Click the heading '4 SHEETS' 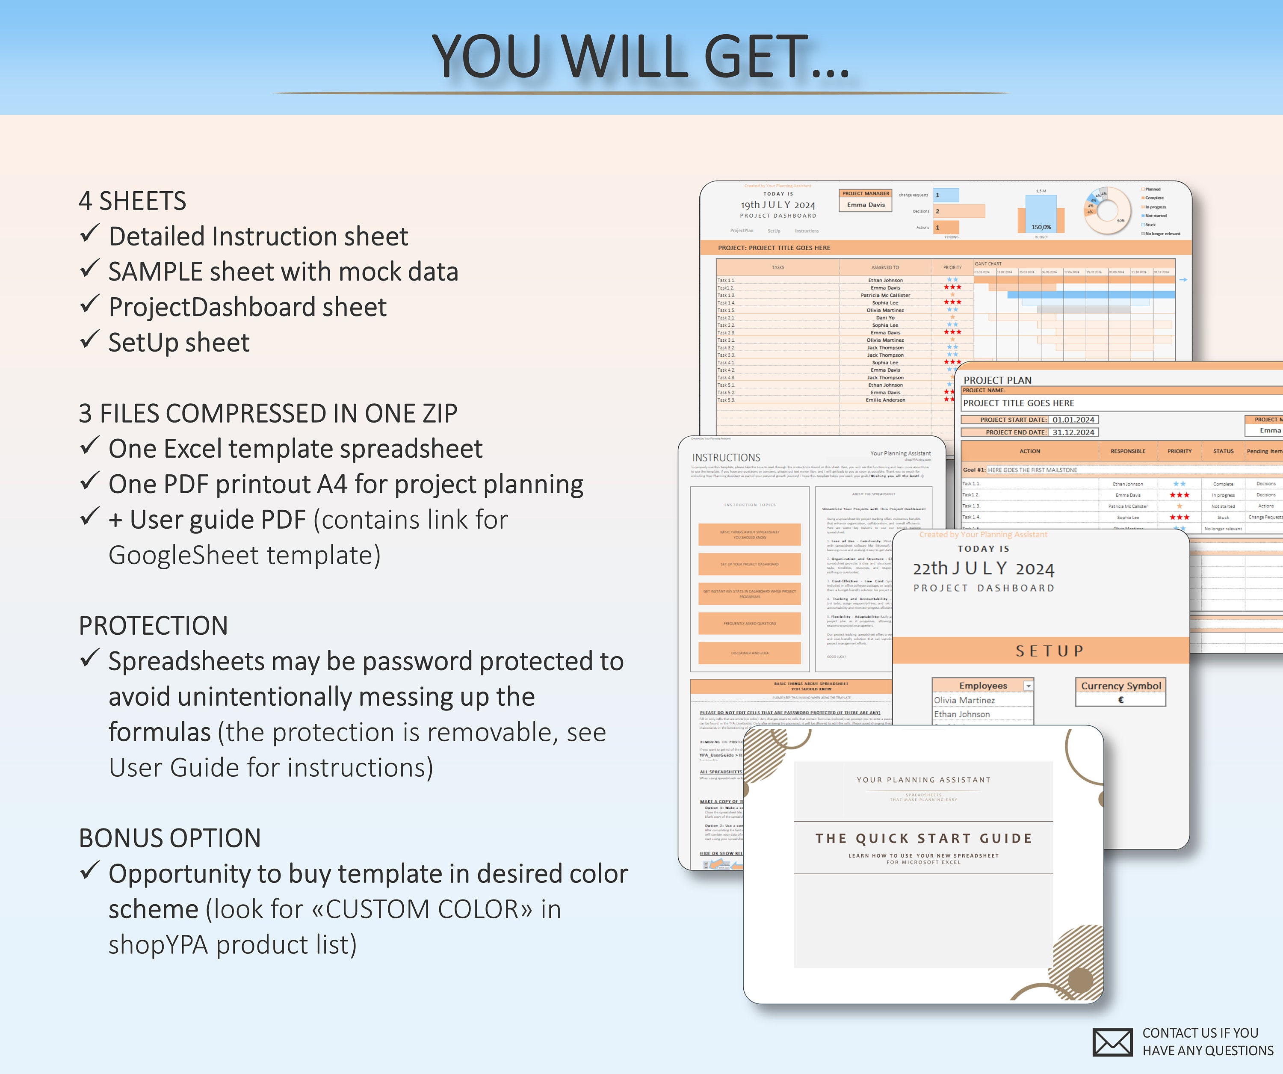132,201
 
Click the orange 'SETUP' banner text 1049,651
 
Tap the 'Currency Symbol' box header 1120,686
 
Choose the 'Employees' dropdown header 982,686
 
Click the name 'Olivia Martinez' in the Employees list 964,700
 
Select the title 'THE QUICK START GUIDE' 923,838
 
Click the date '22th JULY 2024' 983,569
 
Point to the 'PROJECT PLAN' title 997,380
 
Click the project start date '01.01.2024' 1073,420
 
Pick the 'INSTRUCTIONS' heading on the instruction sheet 726,458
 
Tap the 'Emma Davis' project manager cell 866,204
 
